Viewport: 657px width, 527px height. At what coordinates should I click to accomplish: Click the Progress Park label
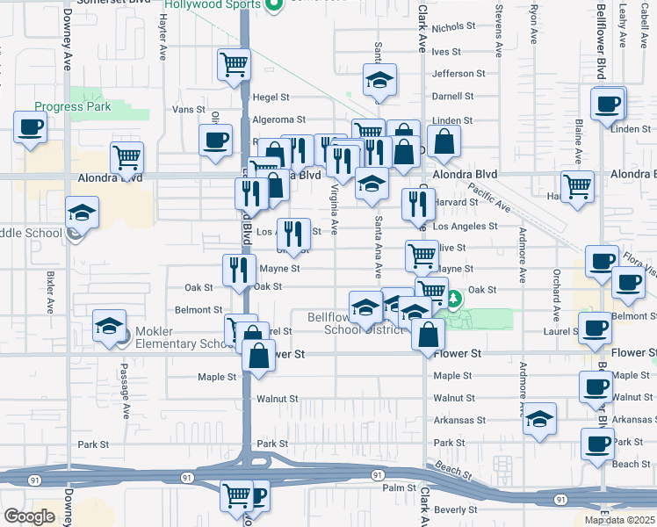[x=73, y=107]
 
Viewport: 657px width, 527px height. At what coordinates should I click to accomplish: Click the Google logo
[x=29, y=516]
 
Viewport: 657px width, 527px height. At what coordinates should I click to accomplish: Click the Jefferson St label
[x=458, y=74]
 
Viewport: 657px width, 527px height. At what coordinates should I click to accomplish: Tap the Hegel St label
[x=271, y=97]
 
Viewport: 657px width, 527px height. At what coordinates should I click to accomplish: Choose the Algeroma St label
[x=279, y=119]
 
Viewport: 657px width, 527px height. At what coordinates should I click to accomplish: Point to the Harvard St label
[x=455, y=202]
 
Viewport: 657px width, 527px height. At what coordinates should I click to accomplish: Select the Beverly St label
[x=455, y=509]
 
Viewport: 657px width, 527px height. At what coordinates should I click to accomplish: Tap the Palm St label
[x=398, y=487]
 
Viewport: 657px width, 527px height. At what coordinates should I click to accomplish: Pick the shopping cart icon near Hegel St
[x=234, y=63]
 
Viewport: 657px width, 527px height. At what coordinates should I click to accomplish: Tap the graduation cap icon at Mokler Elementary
[x=108, y=328]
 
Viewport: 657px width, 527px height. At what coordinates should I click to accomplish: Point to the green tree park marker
[x=454, y=300]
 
